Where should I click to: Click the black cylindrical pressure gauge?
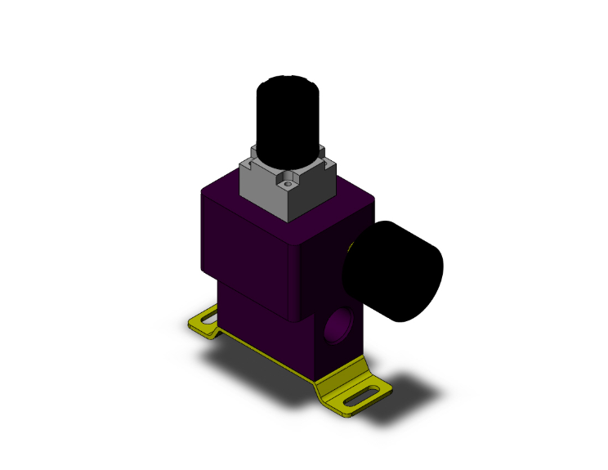coord(396,271)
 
